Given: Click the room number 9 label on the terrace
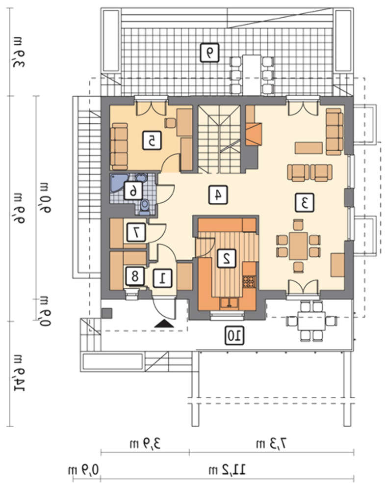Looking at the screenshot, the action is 209,53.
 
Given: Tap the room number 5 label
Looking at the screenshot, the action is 152,140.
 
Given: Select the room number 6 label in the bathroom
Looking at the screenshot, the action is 133,190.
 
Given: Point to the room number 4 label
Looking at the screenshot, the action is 218,195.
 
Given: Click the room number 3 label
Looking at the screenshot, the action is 305,203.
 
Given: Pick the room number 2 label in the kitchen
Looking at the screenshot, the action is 227,258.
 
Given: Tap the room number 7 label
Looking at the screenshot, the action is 136,232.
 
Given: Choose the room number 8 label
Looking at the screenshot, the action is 135,276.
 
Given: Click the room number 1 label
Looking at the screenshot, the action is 163,278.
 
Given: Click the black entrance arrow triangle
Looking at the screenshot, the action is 164,324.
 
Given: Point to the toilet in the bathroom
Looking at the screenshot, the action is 144,207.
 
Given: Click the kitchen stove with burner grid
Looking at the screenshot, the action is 249,281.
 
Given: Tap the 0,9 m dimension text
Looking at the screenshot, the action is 83,470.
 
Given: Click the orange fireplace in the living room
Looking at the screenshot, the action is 254,134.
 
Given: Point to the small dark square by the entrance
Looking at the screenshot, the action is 107,313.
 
